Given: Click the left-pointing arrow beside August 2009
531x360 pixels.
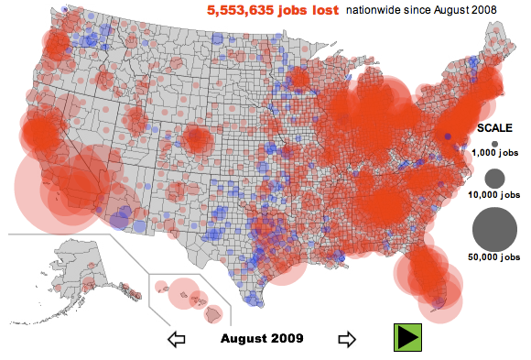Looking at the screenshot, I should tap(178, 340).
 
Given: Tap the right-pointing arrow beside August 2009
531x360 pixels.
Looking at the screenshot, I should tap(347, 339).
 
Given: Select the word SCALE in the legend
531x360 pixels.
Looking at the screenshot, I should tap(494, 128).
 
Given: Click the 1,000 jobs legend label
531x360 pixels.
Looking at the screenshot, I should tap(495, 155).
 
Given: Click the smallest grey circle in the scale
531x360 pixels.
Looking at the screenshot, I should tap(494, 144).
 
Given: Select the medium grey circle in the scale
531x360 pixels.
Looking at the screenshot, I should tap(495, 178).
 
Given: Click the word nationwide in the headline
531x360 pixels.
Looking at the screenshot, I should tap(374, 10).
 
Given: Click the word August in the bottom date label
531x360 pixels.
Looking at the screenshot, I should tap(242, 338).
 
